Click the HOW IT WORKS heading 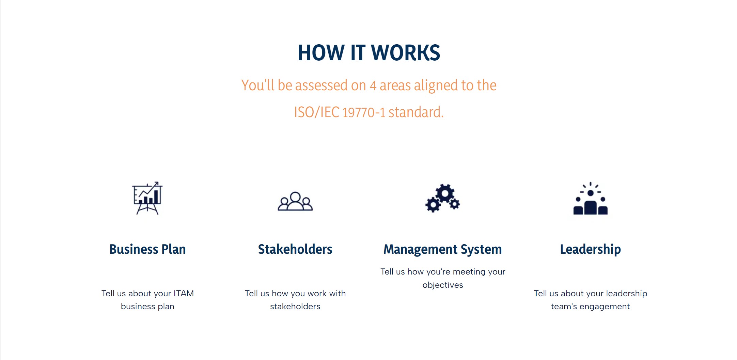[x=369, y=53]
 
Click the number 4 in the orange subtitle [x=373, y=85]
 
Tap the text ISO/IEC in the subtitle [x=317, y=112]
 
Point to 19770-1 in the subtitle [x=364, y=112]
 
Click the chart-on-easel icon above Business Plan [x=147, y=198]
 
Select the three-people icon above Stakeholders [x=295, y=201]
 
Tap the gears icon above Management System [x=442, y=198]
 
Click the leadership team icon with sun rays [x=591, y=198]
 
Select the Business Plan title [x=147, y=249]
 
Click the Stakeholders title [x=295, y=249]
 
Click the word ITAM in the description [x=184, y=293]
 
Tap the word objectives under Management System [x=443, y=285]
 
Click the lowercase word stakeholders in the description [x=295, y=307]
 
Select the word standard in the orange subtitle [x=416, y=112]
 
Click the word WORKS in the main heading [x=405, y=53]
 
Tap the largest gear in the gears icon [x=445, y=193]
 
